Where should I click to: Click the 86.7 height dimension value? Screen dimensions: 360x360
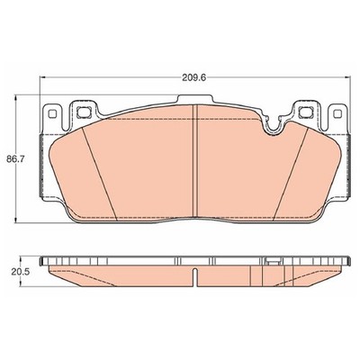[15, 159]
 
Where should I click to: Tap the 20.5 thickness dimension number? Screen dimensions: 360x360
[20, 272]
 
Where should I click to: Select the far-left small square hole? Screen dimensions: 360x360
[52, 113]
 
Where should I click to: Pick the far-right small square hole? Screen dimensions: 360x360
[337, 113]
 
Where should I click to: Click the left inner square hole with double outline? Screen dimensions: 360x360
[83, 112]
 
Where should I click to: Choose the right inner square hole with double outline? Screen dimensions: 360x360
[306, 112]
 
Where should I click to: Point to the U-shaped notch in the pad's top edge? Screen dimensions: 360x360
[273, 126]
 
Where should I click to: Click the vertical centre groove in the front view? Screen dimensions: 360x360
[195, 160]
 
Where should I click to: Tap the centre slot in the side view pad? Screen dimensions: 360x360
[195, 277]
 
